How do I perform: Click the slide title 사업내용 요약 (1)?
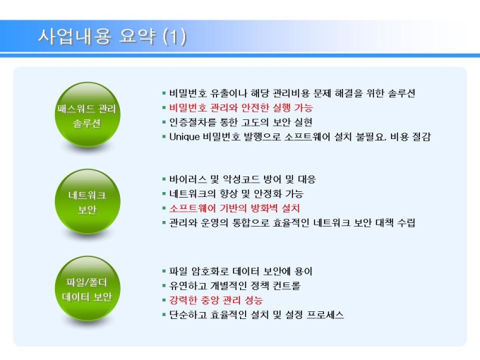112,37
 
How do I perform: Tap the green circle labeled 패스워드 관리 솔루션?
88,115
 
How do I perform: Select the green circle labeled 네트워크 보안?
88,201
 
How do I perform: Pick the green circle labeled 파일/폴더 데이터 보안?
88,289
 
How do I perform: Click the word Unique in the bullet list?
185,136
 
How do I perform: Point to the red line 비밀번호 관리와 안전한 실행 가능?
241,107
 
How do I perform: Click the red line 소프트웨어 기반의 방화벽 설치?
234,208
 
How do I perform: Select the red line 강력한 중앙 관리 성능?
216,300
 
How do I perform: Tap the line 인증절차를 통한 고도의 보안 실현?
241,122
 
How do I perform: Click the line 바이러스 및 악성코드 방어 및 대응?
242,179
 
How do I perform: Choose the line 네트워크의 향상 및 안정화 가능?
236,193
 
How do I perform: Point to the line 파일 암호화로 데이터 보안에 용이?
241,271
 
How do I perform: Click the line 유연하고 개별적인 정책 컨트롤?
235,286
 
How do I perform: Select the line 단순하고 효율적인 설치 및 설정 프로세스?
256,315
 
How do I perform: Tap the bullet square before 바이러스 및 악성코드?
164,179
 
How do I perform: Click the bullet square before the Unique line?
164,136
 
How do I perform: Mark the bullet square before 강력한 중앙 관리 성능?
164,300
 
